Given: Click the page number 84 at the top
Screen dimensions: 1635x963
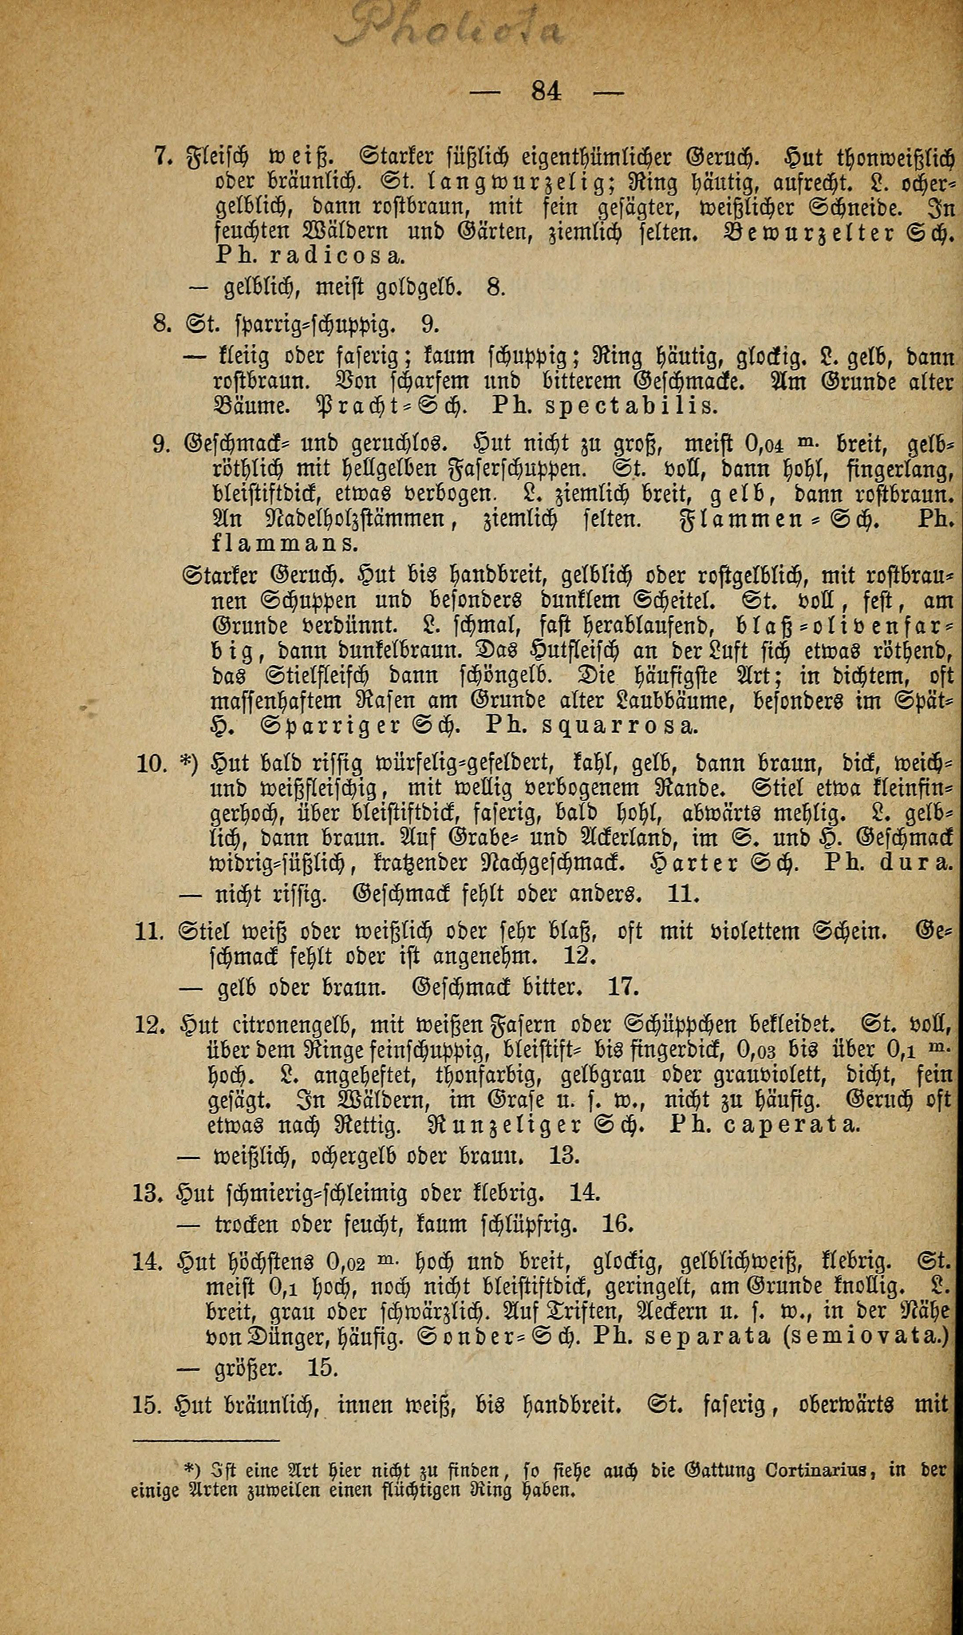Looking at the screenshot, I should coord(547,91).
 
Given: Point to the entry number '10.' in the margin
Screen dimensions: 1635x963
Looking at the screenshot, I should coord(150,764).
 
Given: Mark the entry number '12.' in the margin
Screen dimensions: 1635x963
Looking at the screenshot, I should coord(150,1024).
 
